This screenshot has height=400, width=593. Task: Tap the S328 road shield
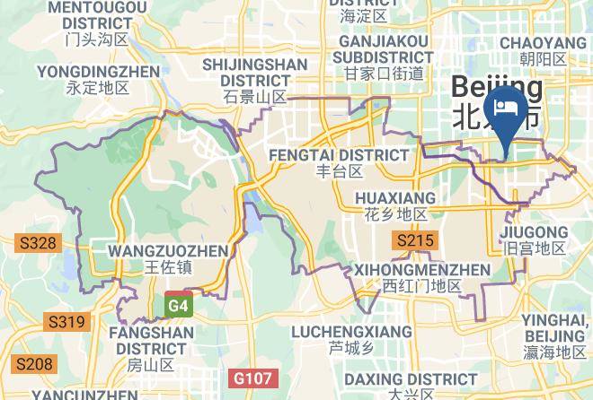(x=38, y=243)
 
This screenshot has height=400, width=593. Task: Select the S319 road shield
(x=66, y=322)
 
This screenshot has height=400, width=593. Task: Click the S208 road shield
(x=33, y=363)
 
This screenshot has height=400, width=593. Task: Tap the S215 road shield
(x=414, y=239)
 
